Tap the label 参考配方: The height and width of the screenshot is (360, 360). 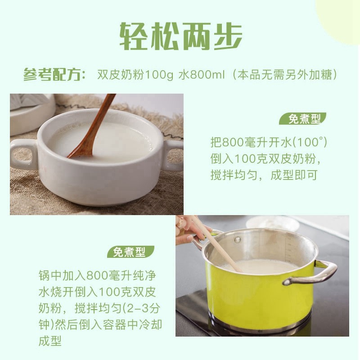[x=54, y=75]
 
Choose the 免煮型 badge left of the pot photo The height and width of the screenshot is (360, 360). [x=130, y=252]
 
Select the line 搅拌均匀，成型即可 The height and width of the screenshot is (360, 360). [x=264, y=175]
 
